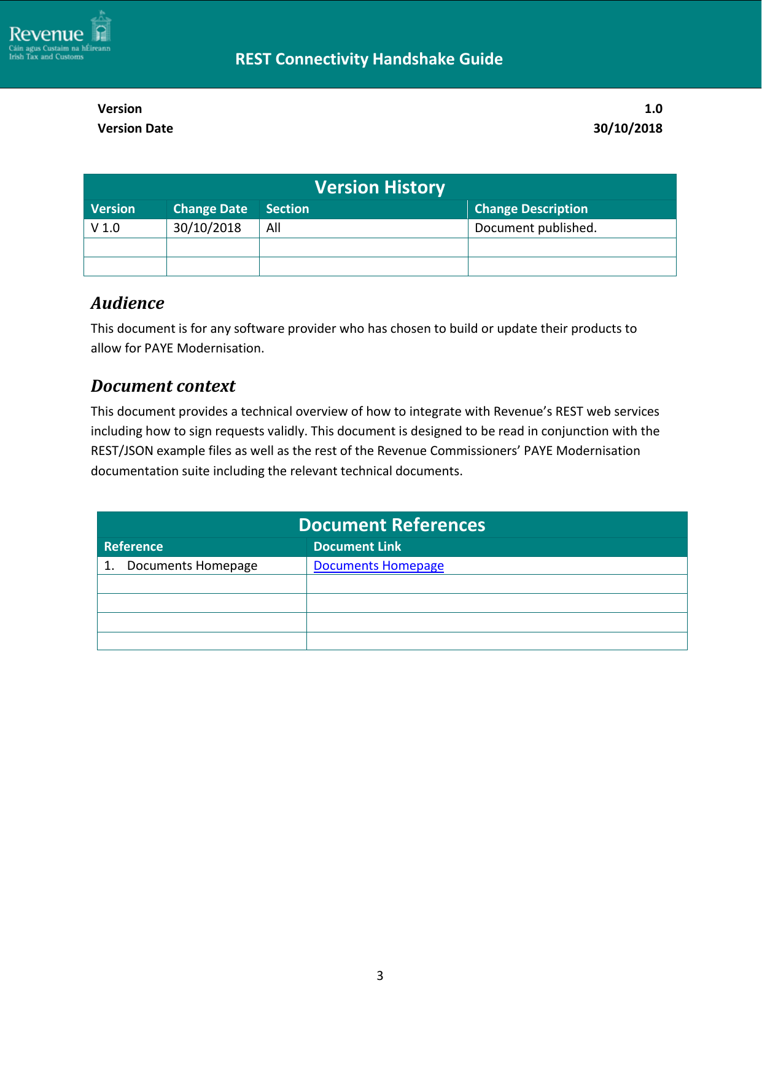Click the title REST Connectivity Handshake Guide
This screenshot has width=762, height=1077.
368,59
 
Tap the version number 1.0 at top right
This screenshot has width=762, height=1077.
653,109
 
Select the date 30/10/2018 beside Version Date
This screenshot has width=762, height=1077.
627,128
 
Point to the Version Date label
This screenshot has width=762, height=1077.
135,128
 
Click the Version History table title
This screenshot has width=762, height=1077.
379,187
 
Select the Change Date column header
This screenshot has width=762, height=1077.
210,209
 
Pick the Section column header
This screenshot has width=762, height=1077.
287,209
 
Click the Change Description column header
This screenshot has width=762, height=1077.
531,209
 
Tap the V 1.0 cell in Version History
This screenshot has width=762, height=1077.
106,228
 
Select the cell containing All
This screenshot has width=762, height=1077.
273,228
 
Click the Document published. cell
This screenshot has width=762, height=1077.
535,228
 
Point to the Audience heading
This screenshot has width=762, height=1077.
128,303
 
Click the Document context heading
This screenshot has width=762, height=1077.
163,386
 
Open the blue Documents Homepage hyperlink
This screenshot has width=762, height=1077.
378,566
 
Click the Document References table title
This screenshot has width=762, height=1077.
392,525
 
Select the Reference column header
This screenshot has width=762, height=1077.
133,546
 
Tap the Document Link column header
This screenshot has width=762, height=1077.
357,546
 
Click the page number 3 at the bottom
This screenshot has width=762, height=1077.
379,976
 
